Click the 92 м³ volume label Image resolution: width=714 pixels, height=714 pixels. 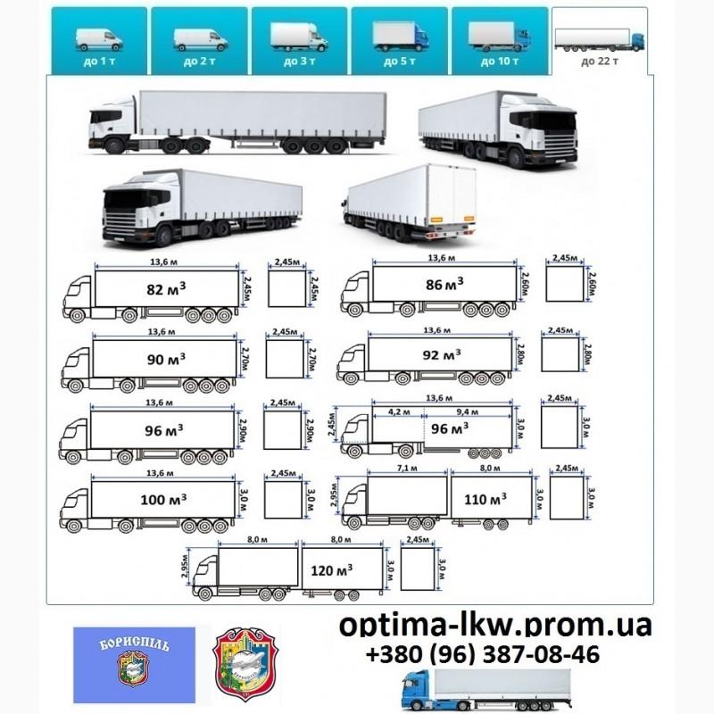pyautogui.click(x=443, y=354)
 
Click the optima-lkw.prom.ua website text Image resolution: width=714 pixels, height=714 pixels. pyautogui.click(x=496, y=627)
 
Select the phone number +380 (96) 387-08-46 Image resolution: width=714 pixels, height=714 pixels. pyautogui.click(x=483, y=656)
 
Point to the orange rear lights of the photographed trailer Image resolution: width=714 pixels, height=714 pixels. pyautogui.click(x=438, y=218)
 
